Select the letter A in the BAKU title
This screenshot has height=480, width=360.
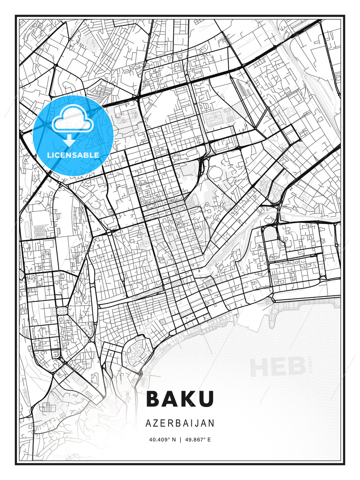click(x=171, y=399)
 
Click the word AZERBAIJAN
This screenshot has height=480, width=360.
click(x=180, y=423)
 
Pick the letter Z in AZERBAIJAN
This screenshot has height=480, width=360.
click(x=155, y=423)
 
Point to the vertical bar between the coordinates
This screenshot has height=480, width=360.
click(x=180, y=440)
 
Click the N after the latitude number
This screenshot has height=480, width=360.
click(x=173, y=440)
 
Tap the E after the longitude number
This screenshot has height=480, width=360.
click(x=209, y=440)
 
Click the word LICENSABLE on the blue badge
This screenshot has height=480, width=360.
click(x=73, y=155)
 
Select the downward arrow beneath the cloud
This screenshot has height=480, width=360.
click(x=69, y=140)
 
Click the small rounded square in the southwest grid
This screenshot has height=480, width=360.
click(x=62, y=311)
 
